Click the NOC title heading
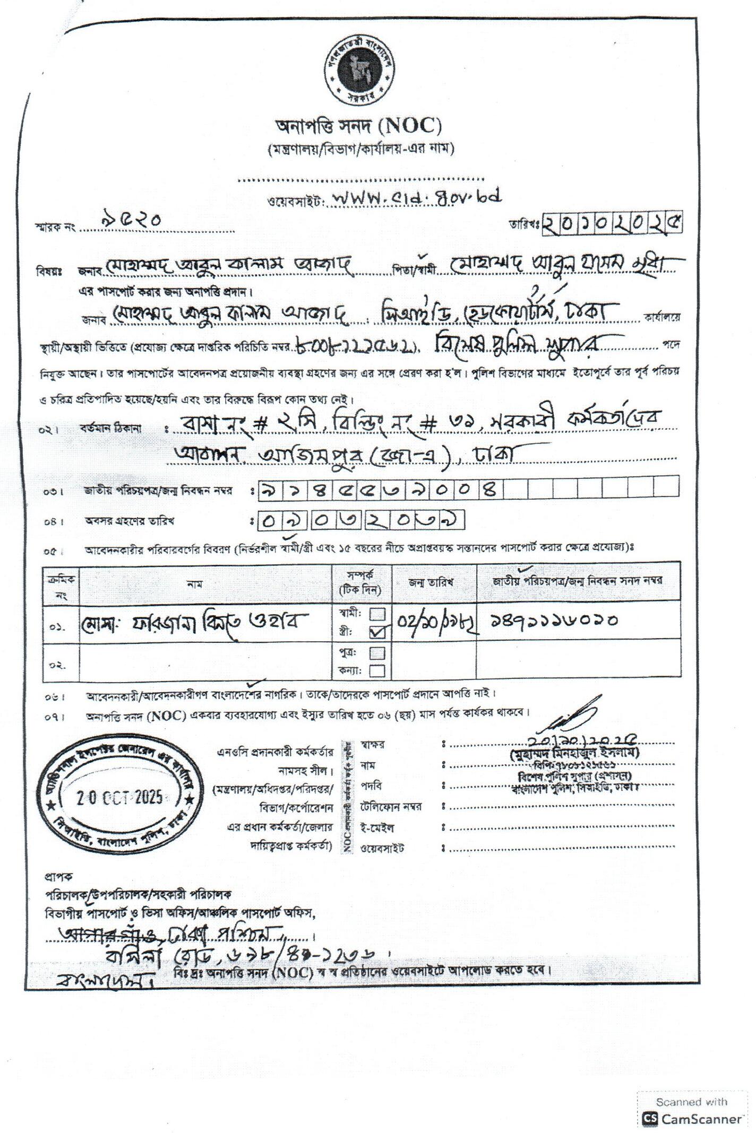click(358, 126)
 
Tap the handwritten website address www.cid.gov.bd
click(414, 198)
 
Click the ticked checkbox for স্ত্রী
click(378, 632)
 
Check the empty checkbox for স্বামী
click(377, 614)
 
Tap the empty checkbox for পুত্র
click(377, 652)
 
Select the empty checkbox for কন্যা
click(377, 671)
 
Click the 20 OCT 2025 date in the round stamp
click(120, 798)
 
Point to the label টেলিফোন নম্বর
click(391, 807)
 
